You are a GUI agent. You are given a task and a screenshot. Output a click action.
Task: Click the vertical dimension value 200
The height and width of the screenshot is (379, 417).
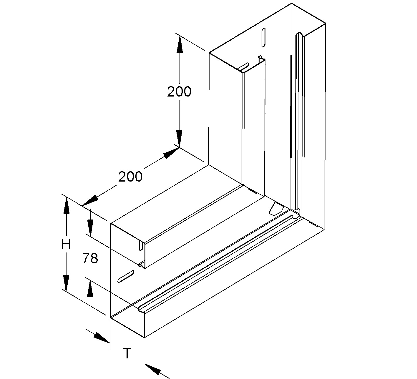pos(179,92)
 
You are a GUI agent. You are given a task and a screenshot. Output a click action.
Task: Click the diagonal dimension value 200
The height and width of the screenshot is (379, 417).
pos(130,177)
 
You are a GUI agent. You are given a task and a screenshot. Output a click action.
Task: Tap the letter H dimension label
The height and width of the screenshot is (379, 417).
pos(66,244)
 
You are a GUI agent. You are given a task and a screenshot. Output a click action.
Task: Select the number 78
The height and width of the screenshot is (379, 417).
pos(90,258)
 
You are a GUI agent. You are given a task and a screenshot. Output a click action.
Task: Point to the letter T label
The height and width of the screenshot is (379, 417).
pos(127,353)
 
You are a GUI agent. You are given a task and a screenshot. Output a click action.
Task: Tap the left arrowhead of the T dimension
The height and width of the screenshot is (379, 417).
pos(101,338)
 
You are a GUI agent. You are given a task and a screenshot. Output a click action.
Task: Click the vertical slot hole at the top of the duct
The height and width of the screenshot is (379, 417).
pos(263,38)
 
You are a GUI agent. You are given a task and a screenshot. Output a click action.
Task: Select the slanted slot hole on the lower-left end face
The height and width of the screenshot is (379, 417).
pos(126,276)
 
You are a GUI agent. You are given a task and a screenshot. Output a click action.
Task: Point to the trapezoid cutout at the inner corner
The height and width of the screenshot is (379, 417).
pos(276,208)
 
